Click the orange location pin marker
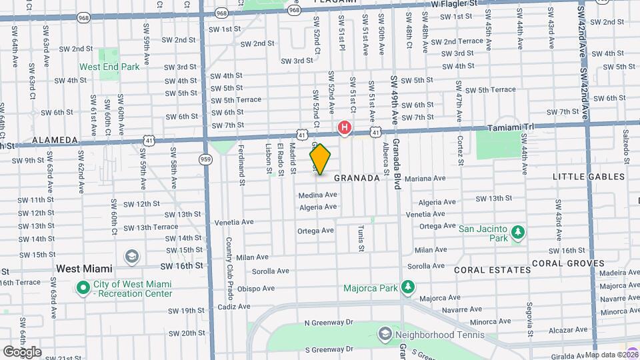pyautogui.click(x=321, y=159)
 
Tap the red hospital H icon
pyautogui.click(x=345, y=127)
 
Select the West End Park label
pyautogui.click(x=109, y=67)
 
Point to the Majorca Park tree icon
pyautogui.click(x=407, y=288)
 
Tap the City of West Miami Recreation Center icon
pyautogui.click(x=83, y=288)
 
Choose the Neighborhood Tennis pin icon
pyautogui.click(x=385, y=334)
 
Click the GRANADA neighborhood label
pyautogui.click(x=357, y=178)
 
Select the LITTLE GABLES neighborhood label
pyautogui.click(x=589, y=177)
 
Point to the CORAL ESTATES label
pyautogui.click(x=493, y=270)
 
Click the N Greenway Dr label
pyautogui.click(x=327, y=323)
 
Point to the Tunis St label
pyautogui.click(x=361, y=238)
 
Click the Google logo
pyautogui.click(x=22, y=351)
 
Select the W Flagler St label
pyautogui.click(x=454, y=3)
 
